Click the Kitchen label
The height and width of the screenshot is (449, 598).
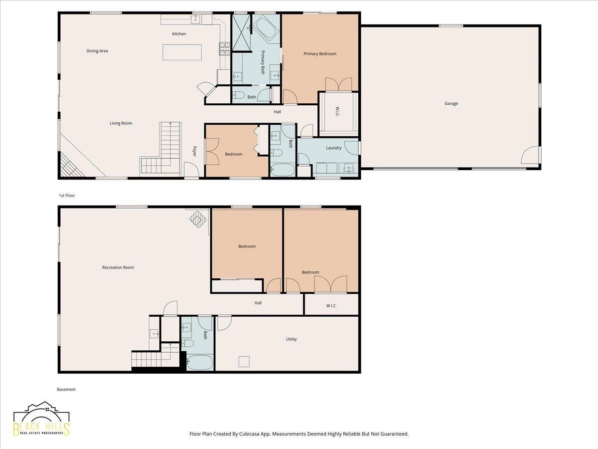pos(179,34)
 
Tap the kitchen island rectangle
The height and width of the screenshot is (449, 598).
pos(182,52)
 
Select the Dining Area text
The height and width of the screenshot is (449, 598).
pos(97,51)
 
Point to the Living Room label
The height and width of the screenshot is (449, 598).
pos(121,123)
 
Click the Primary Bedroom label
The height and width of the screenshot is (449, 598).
pos(320,54)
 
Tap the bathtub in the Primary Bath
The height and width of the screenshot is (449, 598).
pos(266,28)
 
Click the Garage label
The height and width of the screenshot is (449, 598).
pos(451,104)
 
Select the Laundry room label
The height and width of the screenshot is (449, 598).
pos(334,148)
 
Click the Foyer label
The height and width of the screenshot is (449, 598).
pos(194,151)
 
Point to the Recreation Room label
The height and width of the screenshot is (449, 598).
pos(118,267)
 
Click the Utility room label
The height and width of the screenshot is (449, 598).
pos(291,339)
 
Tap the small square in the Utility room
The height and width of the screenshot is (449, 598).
pos(244,362)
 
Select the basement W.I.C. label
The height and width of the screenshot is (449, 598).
pos(331,306)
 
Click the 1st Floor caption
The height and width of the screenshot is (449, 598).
pos(67,196)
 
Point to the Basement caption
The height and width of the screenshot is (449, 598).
pos(66,389)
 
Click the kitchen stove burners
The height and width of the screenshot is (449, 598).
pos(225,49)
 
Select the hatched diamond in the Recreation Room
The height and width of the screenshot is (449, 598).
pos(198,219)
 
